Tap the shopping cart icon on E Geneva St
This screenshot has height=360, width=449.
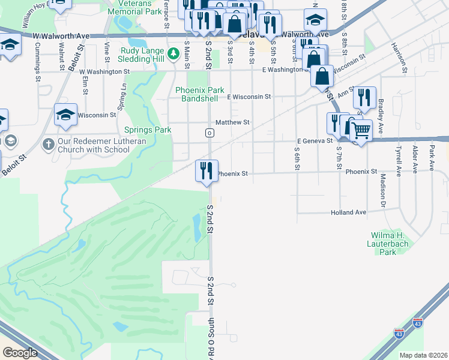pos(360,130)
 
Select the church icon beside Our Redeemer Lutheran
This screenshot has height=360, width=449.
pos(49,145)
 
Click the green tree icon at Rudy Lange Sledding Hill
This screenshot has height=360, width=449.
pos(173,54)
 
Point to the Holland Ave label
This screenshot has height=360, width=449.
pos(348,212)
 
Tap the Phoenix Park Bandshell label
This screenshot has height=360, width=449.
pos(199,94)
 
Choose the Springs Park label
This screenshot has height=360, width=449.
pos(148,130)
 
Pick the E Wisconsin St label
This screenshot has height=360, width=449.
pos(249,96)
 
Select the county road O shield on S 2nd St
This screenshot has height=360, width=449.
pos(209,133)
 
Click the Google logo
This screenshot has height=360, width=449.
pos(20,353)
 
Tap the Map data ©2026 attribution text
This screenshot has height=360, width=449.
pos(423,355)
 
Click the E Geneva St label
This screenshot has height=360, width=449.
pos(315,140)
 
